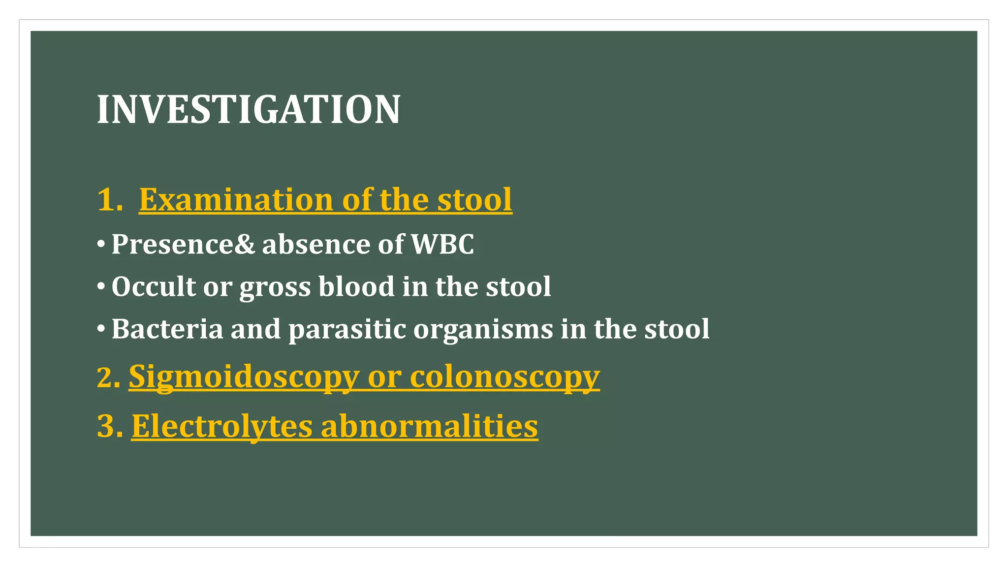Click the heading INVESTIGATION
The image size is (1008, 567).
pos(249,109)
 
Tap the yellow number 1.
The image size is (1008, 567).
pos(107,200)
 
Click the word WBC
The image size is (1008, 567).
pos(442,244)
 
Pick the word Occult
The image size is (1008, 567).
pos(154,286)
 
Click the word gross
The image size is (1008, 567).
pos(275,287)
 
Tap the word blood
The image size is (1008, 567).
pos(356,286)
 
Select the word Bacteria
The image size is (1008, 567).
pos(167,329)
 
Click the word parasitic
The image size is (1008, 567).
pos(347,330)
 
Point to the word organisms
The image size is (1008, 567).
pos(483,330)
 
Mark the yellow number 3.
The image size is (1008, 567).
pos(107,426)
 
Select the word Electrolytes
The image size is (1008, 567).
pos(222,426)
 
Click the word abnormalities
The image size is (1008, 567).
pos(429,426)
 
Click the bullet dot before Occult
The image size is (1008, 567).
pos(101,286)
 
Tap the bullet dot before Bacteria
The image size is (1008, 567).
pos(101,328)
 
